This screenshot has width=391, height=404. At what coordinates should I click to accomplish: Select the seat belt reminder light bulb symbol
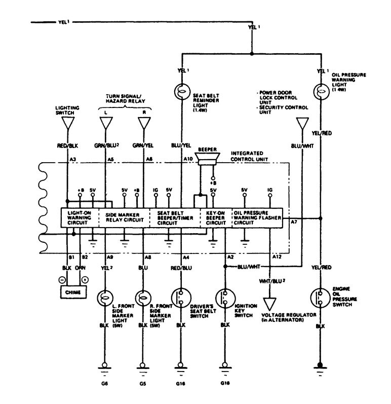click(181, 92)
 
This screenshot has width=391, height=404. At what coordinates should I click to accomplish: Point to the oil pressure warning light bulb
click(321, 92)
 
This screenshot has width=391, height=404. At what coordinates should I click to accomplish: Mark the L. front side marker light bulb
click(106, 296)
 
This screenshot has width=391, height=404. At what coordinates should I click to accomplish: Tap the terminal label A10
click(187, 159)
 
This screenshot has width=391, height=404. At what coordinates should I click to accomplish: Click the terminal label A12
click(276, 258)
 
